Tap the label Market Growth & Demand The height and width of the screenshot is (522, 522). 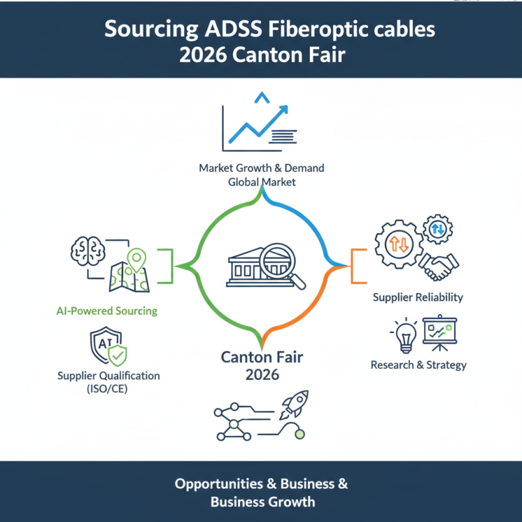261,168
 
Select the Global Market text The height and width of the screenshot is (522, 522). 261,182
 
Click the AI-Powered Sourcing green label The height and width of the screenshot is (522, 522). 106,311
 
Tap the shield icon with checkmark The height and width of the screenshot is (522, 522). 107,347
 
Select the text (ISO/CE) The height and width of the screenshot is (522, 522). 108,390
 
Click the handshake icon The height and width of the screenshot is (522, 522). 438,264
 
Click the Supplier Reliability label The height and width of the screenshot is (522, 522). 418,297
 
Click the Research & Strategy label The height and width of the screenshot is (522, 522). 418,365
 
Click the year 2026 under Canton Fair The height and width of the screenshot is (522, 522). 262,375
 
